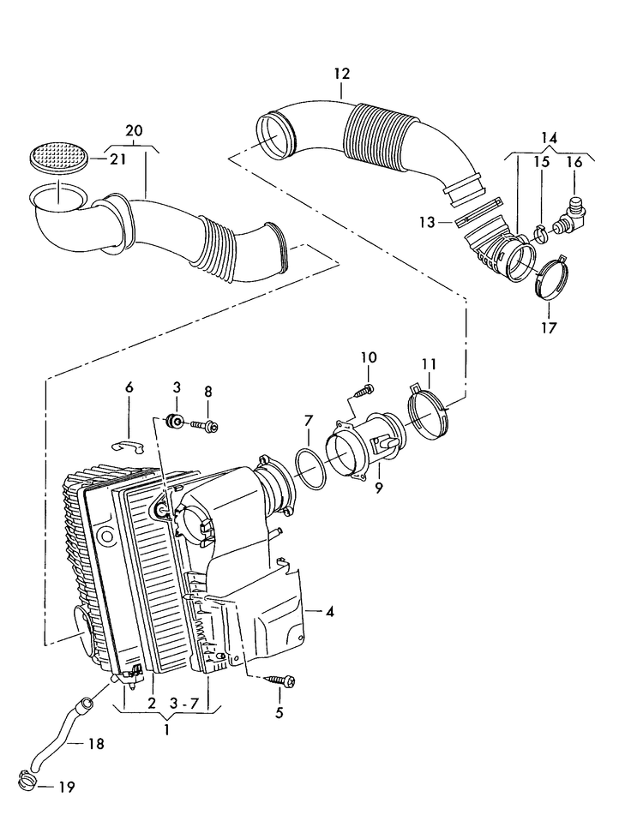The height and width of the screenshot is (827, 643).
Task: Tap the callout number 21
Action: (117, 159)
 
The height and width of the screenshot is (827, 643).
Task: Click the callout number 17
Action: (548, 327)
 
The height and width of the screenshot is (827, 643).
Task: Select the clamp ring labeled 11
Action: (429, 408)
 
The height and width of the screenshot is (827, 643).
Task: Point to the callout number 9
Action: (377, 488)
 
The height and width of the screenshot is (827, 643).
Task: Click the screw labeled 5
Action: (282, 680)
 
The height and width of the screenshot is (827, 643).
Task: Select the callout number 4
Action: (329, 612)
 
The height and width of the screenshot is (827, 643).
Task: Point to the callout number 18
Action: (96, 744)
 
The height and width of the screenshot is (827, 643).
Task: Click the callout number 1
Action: (166, 730)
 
